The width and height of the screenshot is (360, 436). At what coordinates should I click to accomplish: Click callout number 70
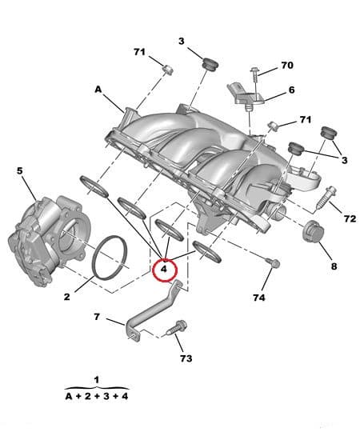pyautogui.click(x=286, y=65)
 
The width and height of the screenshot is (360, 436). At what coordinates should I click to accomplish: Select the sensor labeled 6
pyautogui.click(x=246, y=94)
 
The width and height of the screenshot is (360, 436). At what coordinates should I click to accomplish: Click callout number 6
pyautogui.click(x=291, y=90)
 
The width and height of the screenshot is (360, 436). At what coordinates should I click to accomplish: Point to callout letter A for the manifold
pyautogui.click(x=98, y=90)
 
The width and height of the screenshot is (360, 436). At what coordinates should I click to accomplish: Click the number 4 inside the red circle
pyautogui.click(x=163, y=270)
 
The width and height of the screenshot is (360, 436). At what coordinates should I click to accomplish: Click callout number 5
pyautogui.click(x=20, y=170)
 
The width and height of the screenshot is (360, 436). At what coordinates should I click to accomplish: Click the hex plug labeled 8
pyautogui.click(x=313, y=233)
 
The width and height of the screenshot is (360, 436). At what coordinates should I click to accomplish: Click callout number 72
pyautogui.click(x=350, y=218)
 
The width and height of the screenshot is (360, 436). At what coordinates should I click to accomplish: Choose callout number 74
pyautogui.click(x=258, y=298)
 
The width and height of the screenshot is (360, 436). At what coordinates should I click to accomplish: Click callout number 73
pyautogui.click(x=186, y=358)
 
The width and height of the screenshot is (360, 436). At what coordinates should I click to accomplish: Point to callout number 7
pyautogui.click(x=96, y=317)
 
